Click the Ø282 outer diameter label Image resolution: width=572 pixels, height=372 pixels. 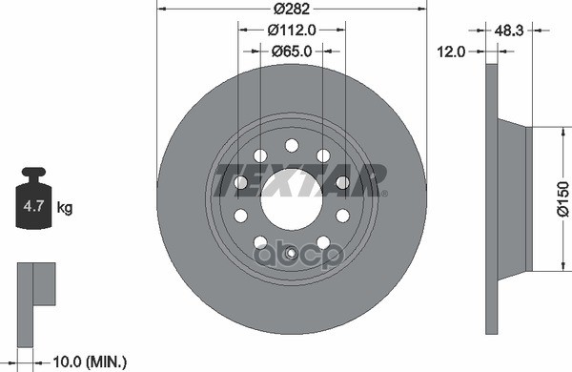[291, 10]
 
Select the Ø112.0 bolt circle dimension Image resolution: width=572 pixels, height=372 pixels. [291, 31]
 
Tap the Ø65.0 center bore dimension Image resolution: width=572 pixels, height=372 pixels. [291, 52]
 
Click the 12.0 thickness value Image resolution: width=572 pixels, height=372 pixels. [452, 52]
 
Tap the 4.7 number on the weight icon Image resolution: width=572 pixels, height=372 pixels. [32, 206]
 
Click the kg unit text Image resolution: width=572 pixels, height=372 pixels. [65, 206]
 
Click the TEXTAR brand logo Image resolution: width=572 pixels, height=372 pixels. [298, 177]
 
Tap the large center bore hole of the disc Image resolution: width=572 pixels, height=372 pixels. [291, 202]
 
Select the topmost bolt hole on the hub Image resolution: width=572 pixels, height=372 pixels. [291, 145]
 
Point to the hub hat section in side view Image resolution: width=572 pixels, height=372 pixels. [513, 205]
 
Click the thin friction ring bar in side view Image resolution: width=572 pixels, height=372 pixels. [491, 205]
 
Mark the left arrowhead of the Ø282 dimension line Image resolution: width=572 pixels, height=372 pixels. [159, 10]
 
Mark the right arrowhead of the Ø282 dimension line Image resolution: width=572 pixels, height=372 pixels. [422, 10]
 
